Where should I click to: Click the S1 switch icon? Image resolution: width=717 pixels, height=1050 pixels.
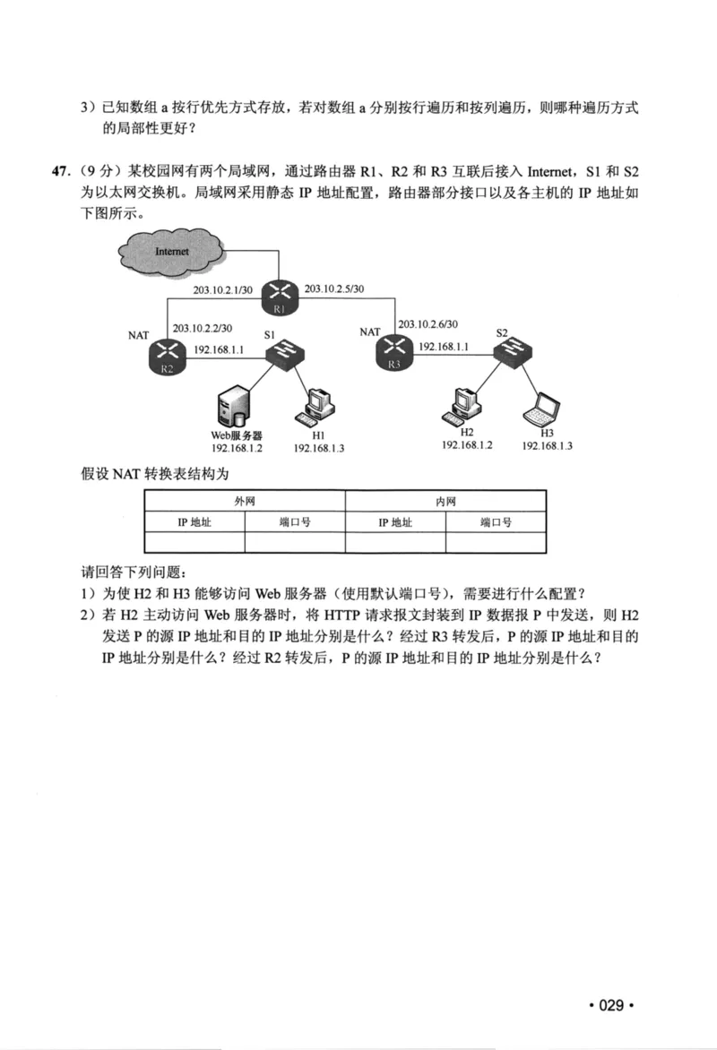click(x=287, y=353)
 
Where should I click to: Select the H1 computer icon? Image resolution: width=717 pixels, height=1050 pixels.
click(x=316, y=406)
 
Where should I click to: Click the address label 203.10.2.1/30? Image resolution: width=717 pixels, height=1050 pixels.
click(x=223, y=289)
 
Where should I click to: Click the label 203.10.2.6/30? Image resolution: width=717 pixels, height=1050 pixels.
click(x=428, y=324)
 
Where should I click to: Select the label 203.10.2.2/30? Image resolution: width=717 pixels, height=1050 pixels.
click(x=203, y=328)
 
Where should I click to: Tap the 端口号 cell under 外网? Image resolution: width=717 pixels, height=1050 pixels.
click(x=294, y=521)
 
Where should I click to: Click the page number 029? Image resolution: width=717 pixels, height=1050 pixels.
click(x=610, y=1005)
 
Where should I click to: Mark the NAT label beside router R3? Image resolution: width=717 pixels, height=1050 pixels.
click(x=370, y=331)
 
